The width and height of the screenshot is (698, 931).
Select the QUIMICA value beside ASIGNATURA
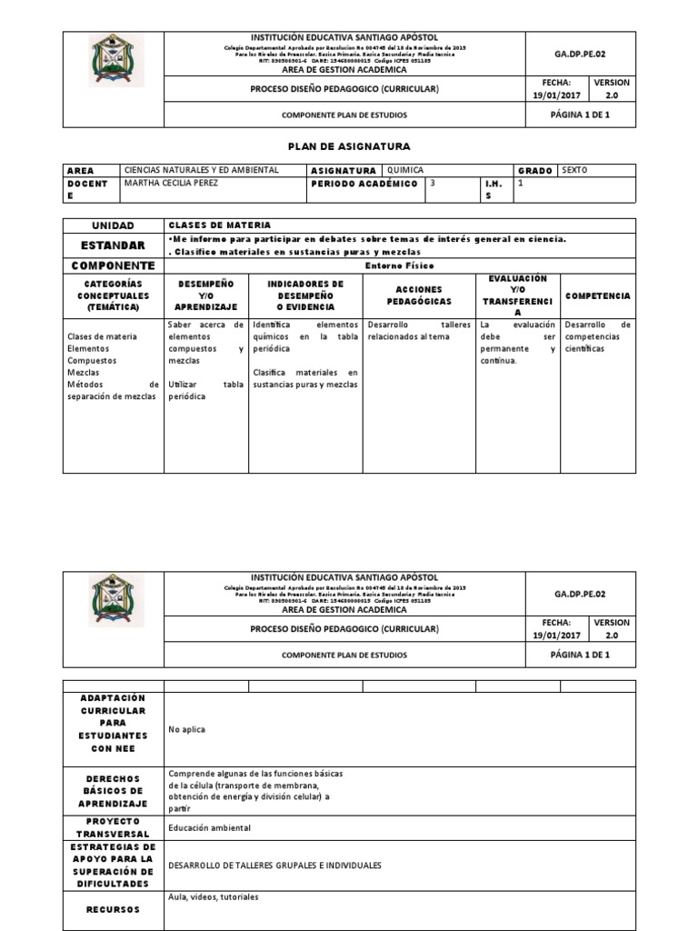tap(405, 170)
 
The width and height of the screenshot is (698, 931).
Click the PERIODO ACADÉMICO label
tap(364, 184)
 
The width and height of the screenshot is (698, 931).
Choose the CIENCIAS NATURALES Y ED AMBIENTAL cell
tap(201, 170)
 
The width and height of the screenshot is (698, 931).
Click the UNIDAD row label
tap(113, 225)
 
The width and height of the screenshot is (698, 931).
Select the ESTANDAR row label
tap(113, 245)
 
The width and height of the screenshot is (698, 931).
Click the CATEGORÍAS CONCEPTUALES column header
tap(113, 296)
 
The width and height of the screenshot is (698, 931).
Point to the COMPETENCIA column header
tap(598, 296)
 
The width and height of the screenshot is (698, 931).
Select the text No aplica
tap(185, 729)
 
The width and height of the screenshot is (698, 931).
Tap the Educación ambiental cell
tap(209, 827)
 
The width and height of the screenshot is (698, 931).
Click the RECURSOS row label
tap(113, 908)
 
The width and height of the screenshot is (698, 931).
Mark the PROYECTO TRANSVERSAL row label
tap(113, 827)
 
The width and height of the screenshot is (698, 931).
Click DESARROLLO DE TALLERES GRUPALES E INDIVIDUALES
tap(275, 866)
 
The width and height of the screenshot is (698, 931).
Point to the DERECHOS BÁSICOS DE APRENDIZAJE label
tap(113, 792)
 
